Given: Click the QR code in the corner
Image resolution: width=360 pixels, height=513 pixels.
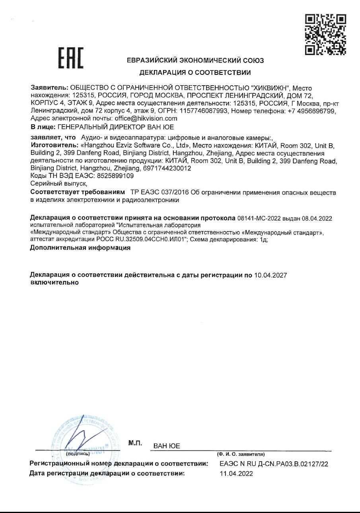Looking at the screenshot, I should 325,34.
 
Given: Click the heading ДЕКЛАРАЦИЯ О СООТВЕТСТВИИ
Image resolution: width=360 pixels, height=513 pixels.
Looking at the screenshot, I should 195,72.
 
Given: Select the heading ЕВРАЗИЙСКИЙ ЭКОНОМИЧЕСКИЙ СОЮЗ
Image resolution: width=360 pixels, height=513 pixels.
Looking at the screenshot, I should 195,61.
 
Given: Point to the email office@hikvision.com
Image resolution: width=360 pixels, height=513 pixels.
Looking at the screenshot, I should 146,118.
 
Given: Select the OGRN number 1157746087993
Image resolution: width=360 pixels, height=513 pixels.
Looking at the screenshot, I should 205,111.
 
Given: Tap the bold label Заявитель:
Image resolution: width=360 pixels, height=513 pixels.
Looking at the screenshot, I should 49,88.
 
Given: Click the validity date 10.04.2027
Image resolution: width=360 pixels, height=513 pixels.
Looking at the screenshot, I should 270,275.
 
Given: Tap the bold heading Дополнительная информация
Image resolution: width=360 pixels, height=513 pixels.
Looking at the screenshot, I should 80,248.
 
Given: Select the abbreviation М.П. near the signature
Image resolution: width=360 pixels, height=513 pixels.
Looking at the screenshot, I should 135,443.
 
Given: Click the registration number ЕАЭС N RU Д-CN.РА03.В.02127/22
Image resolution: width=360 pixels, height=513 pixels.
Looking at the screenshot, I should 274,464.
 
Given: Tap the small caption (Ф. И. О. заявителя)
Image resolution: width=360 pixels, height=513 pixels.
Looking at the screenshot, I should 241,454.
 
